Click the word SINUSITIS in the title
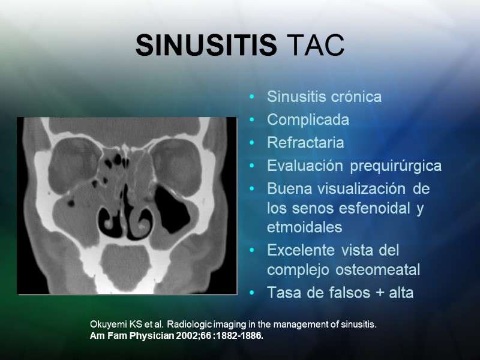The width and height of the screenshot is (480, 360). coord(206,46)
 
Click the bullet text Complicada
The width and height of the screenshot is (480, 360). coord(308,120)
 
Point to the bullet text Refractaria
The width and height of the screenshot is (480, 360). coord(305,143)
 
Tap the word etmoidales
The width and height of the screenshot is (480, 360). coord(304,227)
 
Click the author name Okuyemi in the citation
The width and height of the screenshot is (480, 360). coord(109,325)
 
